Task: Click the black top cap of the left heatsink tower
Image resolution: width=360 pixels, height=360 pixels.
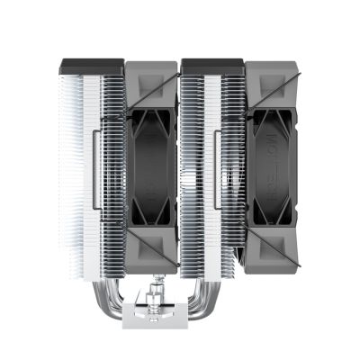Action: (90, 66)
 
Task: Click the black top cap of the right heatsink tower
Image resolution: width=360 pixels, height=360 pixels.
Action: (212, 66)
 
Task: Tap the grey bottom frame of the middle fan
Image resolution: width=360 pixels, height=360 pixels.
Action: (151, 266)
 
